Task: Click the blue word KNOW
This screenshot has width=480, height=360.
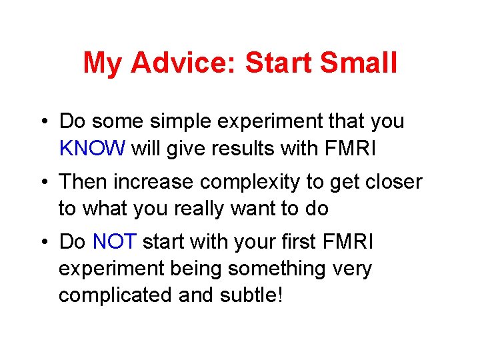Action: [x=92, y=149]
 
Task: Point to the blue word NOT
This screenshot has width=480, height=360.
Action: [x=114, y=241]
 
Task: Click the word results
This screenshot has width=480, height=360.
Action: [x=244, y=149]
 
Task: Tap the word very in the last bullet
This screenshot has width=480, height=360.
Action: [x=350, y=268]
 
